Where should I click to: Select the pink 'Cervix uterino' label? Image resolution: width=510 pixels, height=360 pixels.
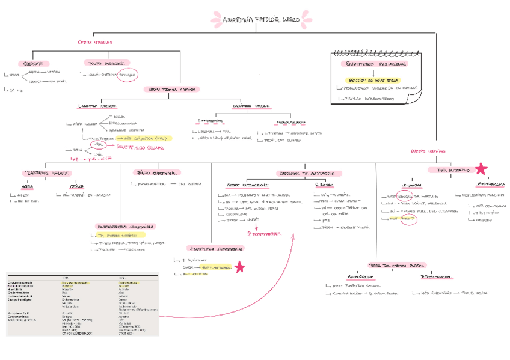(95, 43)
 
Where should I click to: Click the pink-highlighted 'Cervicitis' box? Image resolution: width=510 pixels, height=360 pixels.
(33, 63)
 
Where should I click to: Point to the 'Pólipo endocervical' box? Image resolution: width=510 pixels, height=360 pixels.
(106, 63)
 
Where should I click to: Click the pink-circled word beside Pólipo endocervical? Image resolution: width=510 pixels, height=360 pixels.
(127, 75)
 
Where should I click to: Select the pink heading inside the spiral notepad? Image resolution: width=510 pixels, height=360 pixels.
(373, 64)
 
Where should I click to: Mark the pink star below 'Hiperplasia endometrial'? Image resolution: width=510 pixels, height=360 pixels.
(239, 267)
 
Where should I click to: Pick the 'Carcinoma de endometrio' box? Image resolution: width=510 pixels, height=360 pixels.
(305, 173)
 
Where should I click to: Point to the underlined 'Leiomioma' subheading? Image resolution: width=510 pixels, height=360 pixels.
(412, 186)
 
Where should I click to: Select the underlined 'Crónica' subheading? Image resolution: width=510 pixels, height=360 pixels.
(77, 186)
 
